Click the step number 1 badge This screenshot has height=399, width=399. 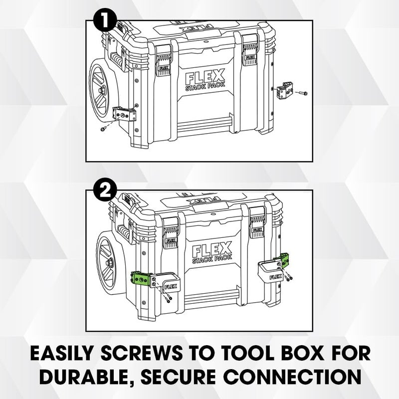(x=105, y=21)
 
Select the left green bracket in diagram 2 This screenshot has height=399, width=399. (x=142, y=278)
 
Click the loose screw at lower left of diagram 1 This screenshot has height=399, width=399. (x=103, y=129)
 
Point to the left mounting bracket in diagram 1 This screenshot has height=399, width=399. (x=125, y=115)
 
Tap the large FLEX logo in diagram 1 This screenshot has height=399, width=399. (x=205, y=78)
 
